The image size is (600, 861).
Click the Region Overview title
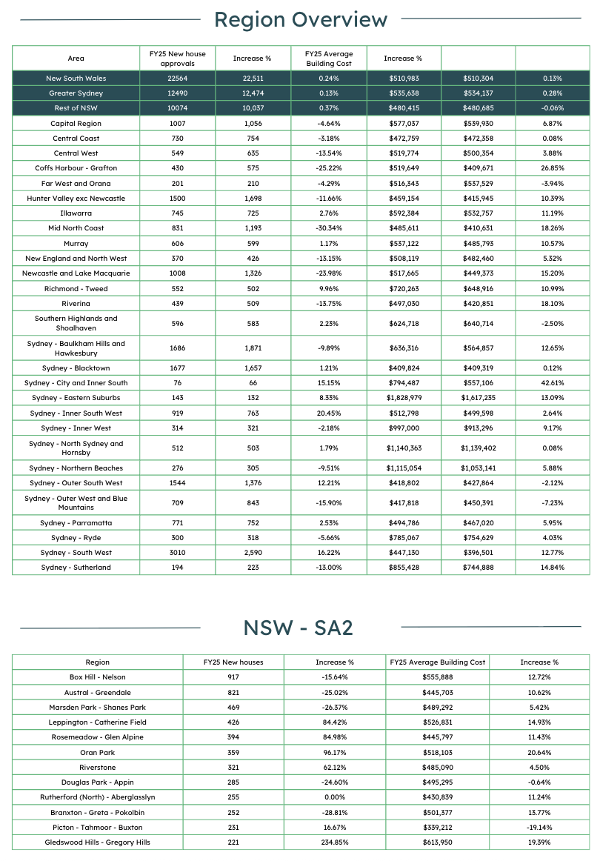click(300, 20)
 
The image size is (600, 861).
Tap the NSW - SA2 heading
click(299, 628)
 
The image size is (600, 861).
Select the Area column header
click(76, 58)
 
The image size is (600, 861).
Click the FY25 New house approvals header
click(177, 58)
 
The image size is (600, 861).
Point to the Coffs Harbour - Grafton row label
click(76, 168)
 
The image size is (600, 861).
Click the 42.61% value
click(552, 383)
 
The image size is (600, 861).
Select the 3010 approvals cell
click(177, 553)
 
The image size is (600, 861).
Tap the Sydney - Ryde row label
click(76, 538)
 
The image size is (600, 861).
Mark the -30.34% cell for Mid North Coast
click(329, 228)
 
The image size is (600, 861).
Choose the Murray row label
click(76, 243)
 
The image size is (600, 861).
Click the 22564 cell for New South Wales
click(177, 78)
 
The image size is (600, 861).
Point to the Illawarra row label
click(76, 213)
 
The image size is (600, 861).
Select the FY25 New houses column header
click(233, 662)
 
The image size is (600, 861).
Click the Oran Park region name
click(98, 752)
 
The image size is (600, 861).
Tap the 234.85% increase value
click(335, 842)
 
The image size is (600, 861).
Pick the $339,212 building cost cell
click(437, 827)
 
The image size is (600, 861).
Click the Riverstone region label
click(98, 767)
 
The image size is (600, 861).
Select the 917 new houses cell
click(233, 676)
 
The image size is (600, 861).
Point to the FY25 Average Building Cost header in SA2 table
click(437, 662)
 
